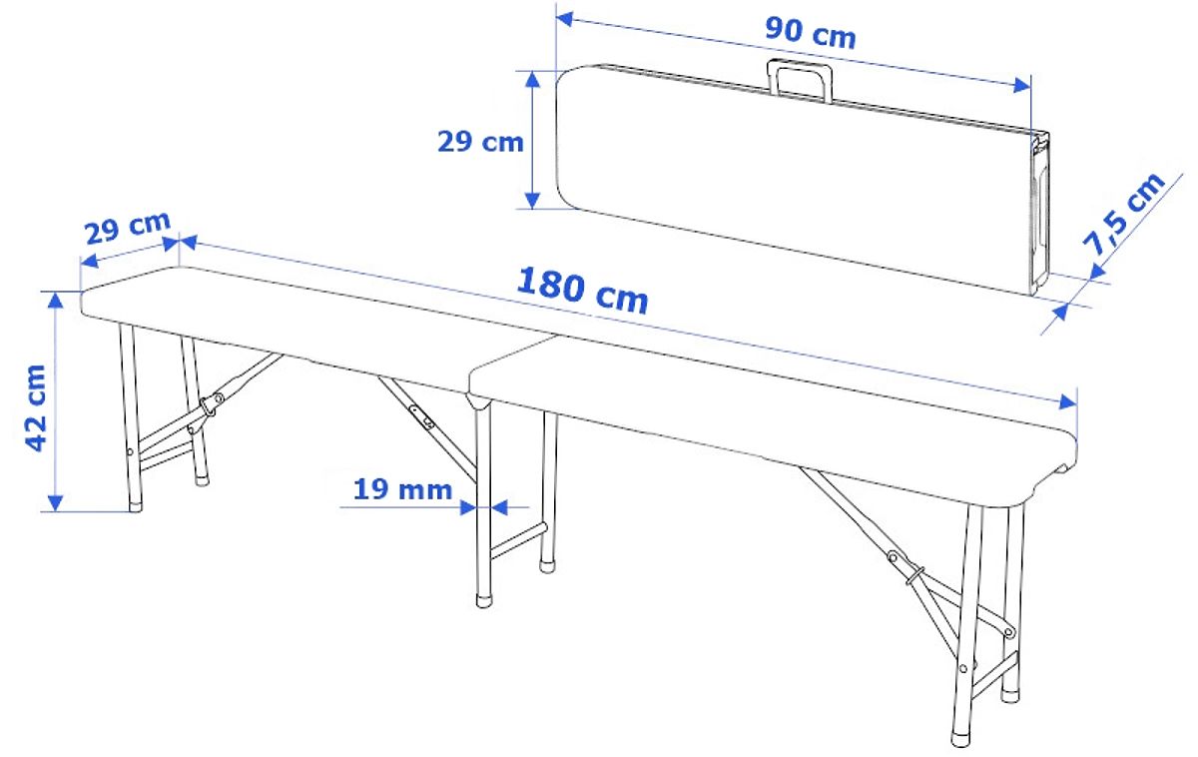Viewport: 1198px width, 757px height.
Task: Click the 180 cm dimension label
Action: click(582, 291)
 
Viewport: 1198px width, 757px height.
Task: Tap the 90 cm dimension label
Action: click(811, 33)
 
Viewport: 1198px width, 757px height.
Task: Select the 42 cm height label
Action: click(36, 408)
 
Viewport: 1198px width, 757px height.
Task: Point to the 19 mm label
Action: click(402, 489)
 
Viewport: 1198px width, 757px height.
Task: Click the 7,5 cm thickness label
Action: click(1123, 214)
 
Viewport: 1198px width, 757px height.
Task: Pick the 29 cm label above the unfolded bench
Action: click(128, 227)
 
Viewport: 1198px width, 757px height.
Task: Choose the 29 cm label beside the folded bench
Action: click(480, 142)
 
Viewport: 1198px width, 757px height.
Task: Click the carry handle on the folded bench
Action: click(800, 80)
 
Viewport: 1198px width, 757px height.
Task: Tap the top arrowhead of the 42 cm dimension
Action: click(55, 301)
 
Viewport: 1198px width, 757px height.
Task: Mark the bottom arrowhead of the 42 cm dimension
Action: click(55, 503)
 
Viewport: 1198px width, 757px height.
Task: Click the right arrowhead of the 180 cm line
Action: click(1067, 401)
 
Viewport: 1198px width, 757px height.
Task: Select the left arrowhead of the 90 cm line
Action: click(565, 19)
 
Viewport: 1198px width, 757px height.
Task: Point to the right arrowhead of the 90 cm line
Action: click(1022, 85)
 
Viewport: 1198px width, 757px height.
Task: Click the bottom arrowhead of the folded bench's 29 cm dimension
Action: click(532, 200)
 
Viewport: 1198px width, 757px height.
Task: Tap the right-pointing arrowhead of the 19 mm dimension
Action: click(468, 507)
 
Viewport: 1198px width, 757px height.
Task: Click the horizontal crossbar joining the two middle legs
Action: click(519, 541)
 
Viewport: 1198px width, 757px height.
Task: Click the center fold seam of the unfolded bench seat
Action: click(512, 365)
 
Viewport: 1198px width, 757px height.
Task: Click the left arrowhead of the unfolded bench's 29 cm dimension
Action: click(89, 261)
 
